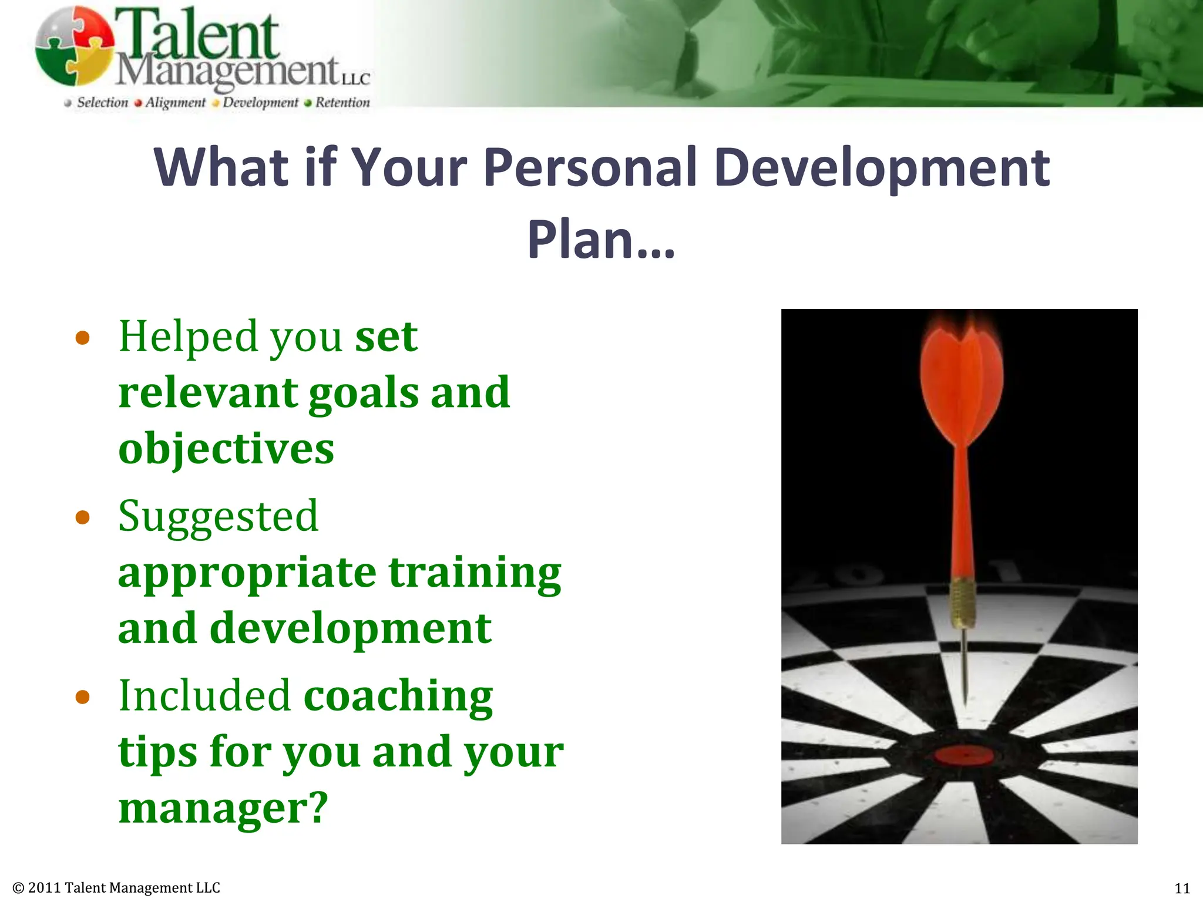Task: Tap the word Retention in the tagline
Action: pyautogui.click(x=342, y=103)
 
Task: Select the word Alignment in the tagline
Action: pyautogui.click(x=175, y=103)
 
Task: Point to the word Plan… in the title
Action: pyautogui.click(x=601, y=239)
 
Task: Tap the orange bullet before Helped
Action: pyautogui.click(x=83, y=338)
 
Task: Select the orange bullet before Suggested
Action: pyautogui.click(x=83, y=517)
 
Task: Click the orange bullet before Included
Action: pyautogui.click(x=83, y=697)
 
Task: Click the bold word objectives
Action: pyautogui.click(x=226, y=449)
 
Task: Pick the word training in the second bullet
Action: pyautogui.click(x=475, y=573)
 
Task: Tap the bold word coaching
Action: pyautogui.click(x=398, y=696)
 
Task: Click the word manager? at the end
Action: pyautogui.click(x=223, y=808)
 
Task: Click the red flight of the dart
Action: pyautogui.click(x=962, y=388)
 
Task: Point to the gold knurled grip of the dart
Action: pyautogui.click(x=962, y=603)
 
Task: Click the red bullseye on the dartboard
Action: pyautogui.click(x=963, y=756)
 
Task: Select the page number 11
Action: pyautogui.click(x=1182, y=888)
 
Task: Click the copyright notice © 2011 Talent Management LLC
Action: pyautogui.click(x=116, y=888)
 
